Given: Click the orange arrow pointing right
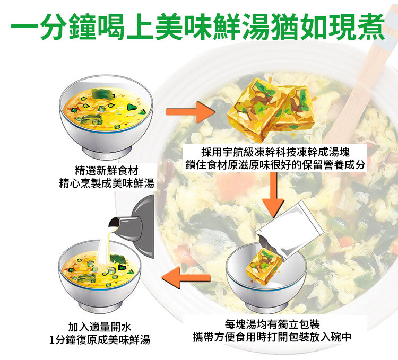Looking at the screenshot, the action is [191, 112].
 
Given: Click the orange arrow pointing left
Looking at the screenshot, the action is [186, 278].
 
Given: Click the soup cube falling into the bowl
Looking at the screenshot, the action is [264, 264].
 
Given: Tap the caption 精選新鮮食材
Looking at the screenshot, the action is [107, 171].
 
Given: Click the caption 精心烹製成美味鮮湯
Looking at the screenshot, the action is [107, 183].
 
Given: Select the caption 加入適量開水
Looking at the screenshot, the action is [100, 327].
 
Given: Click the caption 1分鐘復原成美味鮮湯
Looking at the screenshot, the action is [100, 340].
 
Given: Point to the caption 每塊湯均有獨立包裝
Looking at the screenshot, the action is [272, 324].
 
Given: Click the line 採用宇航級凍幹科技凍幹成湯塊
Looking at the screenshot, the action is [275, 152].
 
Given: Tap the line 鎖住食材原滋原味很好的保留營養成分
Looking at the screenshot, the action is [275, 165].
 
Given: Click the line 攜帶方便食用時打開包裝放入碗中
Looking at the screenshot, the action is [272, 337].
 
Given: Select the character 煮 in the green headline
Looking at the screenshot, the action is [371, 26].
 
